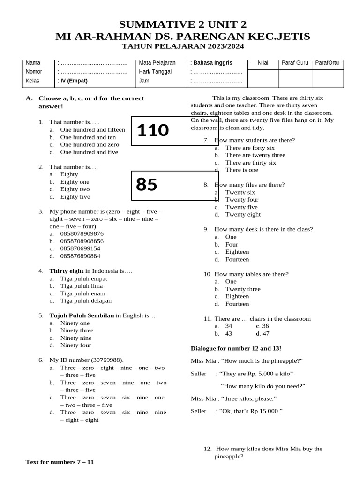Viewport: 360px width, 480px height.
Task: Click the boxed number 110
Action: [153, 131]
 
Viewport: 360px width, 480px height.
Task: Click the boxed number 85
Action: [147, 185]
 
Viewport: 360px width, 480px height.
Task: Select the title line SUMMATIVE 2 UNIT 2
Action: [183, 25]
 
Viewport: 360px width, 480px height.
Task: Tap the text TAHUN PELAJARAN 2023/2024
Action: [183, 46]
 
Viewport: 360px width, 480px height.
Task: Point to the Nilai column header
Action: [263, 63]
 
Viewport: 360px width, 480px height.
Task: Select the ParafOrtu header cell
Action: [327, 63]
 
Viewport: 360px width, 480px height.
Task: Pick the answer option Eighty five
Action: [75, 197]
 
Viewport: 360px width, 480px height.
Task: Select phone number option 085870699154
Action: [80, 248]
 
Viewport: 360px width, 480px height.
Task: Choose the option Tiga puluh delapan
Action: [86, 301]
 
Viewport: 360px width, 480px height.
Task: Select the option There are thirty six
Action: [250, 163]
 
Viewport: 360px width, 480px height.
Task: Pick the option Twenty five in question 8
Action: [241, 207]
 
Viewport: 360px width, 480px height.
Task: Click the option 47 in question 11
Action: [266, 334]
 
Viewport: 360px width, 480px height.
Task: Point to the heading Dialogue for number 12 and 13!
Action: [236, 348]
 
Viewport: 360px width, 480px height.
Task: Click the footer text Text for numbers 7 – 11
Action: [60, 462]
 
